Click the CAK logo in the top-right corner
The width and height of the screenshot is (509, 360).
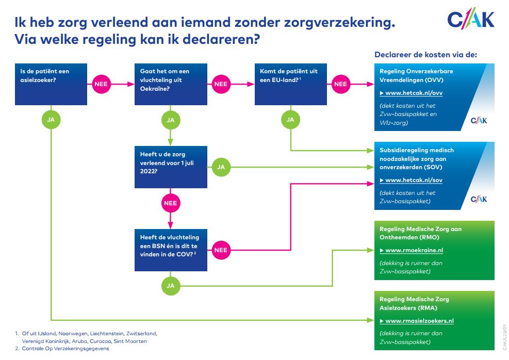click(470, 20)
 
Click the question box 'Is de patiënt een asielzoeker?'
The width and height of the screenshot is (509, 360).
click(50, 84)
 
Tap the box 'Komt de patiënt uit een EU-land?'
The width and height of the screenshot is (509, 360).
click(291, 84)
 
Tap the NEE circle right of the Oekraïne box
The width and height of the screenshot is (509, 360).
click(220, 84)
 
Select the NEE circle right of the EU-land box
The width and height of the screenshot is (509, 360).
click(340, 84)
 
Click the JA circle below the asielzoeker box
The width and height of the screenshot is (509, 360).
click(51, 120)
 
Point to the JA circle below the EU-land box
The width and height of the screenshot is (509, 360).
click(290, 120)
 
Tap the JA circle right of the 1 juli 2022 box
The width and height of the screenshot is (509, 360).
click(221, 167)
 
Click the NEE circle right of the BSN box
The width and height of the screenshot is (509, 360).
click(220, 250)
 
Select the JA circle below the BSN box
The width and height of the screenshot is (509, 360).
click(171, 285)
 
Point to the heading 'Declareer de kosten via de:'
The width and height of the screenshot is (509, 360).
click(425, 55)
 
